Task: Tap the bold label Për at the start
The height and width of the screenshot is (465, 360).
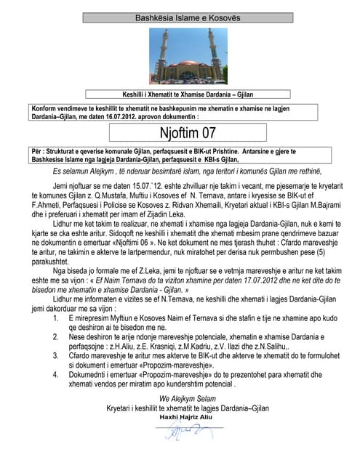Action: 38,152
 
